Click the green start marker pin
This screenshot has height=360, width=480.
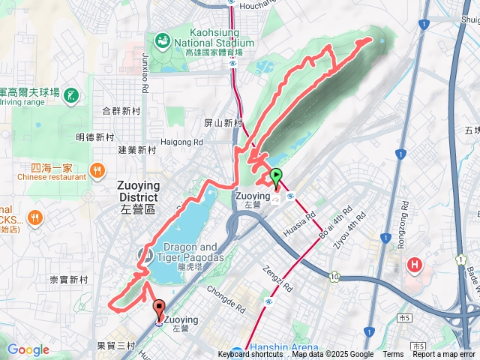coord(276,178)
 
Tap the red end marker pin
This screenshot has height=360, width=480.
coord(159,307)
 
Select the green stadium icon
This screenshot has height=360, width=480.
coord(161,39)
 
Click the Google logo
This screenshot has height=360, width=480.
coord(28,350)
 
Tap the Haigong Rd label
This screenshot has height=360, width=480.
coord(182,141)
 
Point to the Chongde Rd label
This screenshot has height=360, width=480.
coord(226,299)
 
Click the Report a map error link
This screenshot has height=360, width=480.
coord(445,355)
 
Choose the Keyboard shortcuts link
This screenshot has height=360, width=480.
coord(250,355)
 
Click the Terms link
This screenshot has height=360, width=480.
coord(393,355)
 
